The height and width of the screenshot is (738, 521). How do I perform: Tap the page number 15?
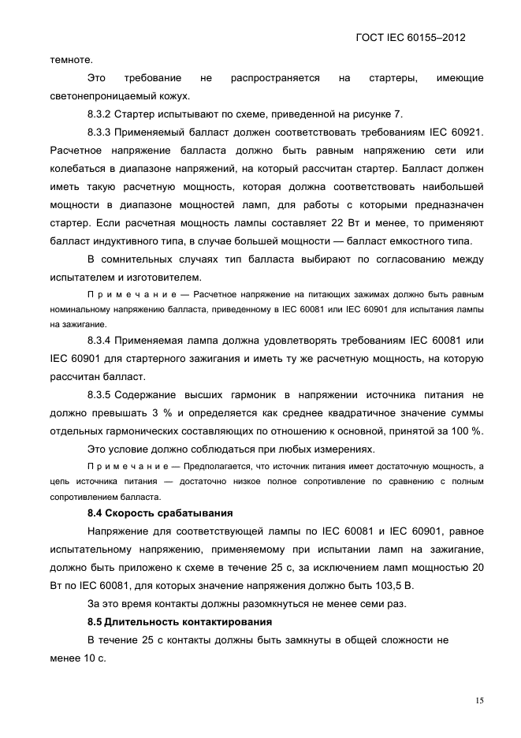coord(478,700)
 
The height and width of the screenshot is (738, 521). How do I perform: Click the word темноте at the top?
coord(71,58)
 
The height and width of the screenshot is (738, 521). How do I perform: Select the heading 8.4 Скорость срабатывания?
coord(154,513)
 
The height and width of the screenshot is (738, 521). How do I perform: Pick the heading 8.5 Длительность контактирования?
coord(172,622)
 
